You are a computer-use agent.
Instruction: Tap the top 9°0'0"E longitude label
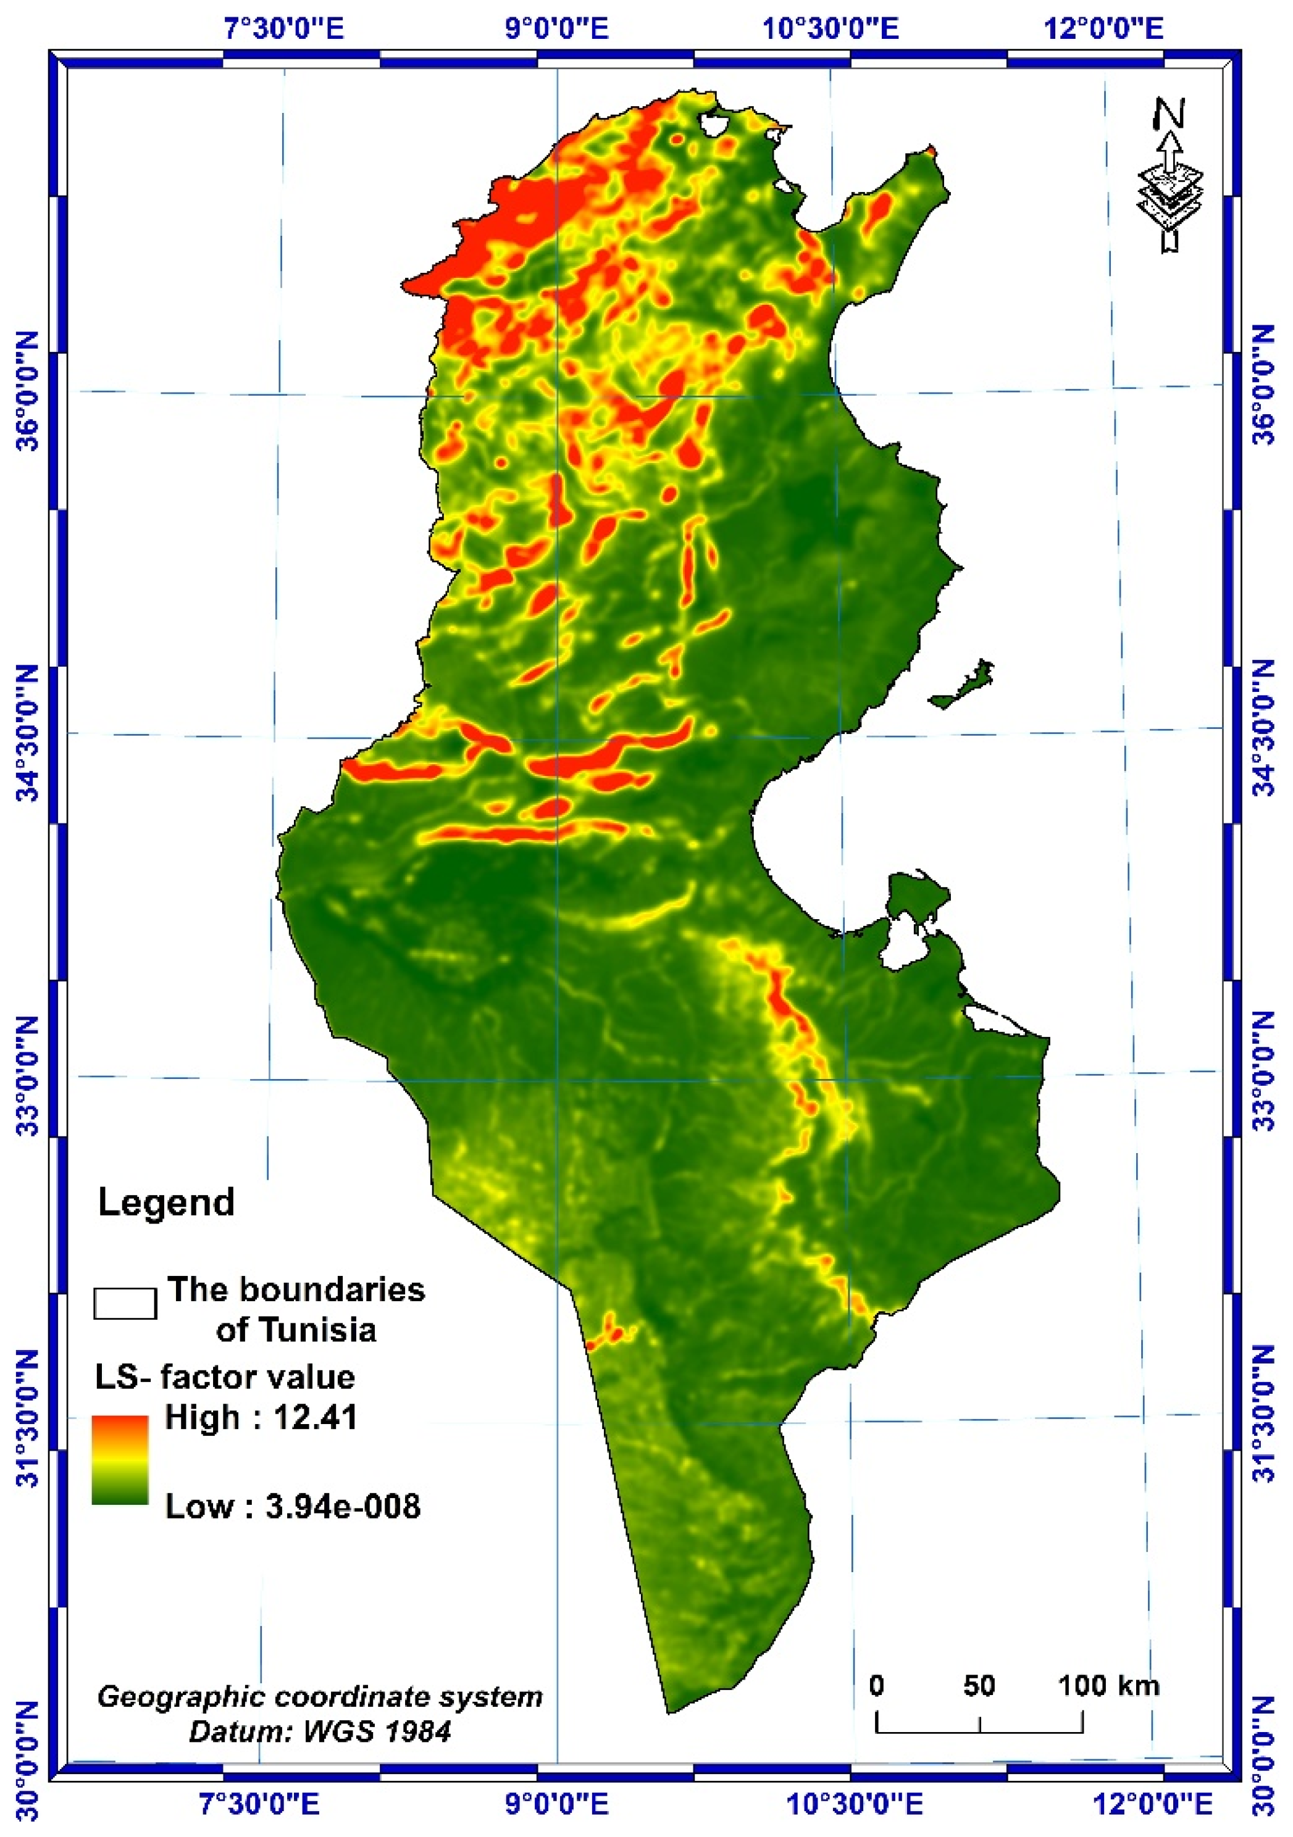(556, 30)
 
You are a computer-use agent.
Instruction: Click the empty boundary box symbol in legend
(125, 1303)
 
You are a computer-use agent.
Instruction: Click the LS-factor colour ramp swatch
(120, 1461)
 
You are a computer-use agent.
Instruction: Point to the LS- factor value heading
(225, 1377)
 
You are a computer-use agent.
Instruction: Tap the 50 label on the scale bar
(979, 1686)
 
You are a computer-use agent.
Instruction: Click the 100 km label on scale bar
(1109, 1686)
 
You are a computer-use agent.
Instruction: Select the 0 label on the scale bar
(877, 1686)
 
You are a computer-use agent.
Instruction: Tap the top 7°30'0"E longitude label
(284, 30)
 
